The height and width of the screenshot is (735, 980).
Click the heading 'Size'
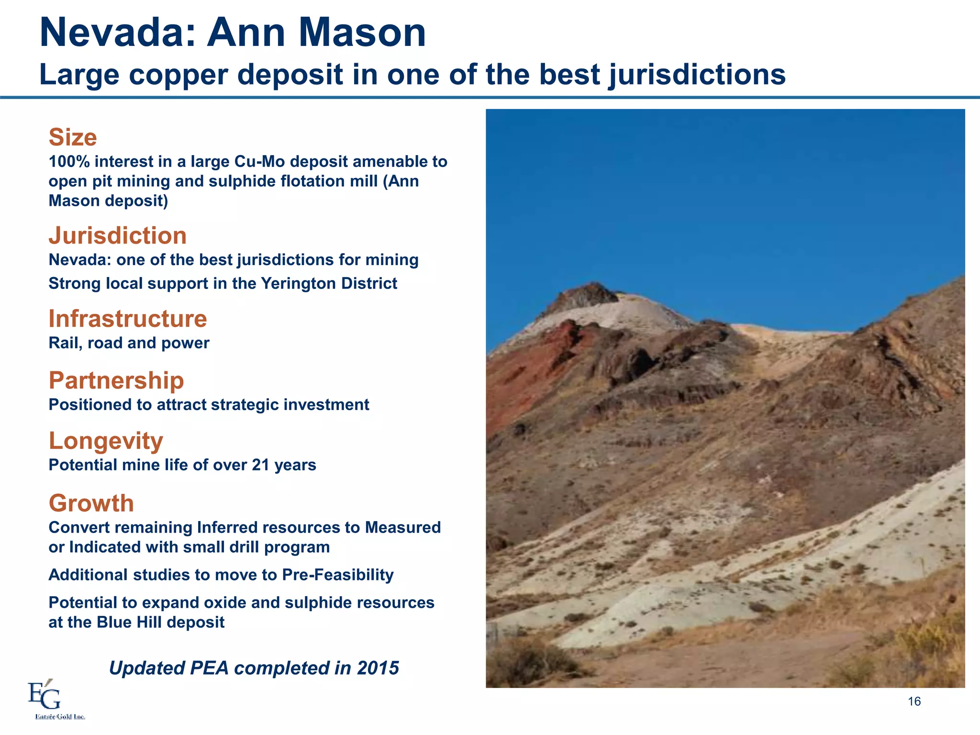click(73, 137)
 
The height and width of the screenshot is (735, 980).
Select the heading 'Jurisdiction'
click(118, 235)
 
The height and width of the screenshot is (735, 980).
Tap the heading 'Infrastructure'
click(128, 319)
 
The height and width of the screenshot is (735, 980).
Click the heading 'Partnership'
click(116, 380)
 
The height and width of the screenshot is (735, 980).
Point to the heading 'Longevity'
click(106, 441)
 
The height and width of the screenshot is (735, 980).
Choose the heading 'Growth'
click(91, 503)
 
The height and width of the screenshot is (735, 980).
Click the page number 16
click(914, 702)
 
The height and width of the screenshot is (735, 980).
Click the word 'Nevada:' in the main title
click(118, 33)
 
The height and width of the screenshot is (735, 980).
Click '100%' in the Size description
click(69, 162)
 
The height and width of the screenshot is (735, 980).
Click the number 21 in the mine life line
click(260, 465)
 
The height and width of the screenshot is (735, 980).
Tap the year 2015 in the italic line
click(378, 668)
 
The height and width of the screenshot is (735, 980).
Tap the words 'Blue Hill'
click(129, 622)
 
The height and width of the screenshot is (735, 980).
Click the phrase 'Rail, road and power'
click(129, 343)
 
